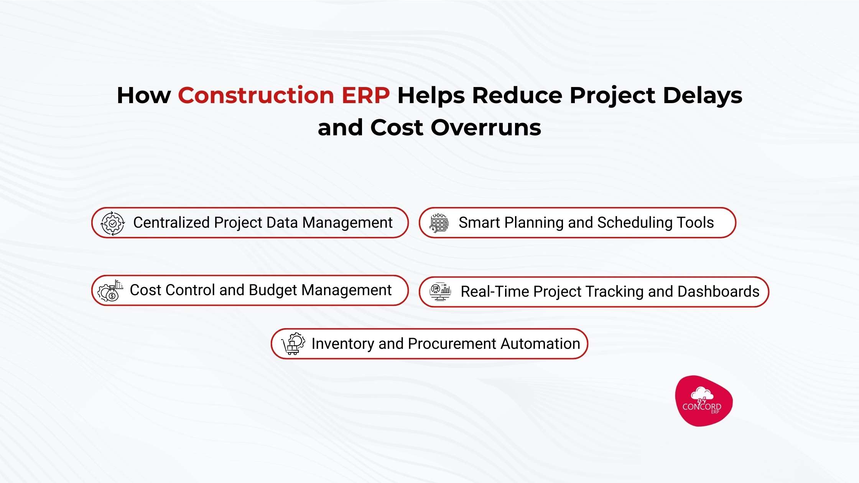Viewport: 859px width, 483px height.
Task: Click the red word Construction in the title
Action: coord(256,95)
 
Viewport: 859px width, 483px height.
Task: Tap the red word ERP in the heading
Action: coord(365,95)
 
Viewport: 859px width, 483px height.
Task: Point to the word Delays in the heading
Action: coord(703,95)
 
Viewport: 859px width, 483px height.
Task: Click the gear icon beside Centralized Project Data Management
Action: coord(112,223)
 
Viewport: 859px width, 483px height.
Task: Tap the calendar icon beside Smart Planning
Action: coord(439,223)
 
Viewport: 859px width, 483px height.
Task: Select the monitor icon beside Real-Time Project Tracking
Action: coord(440,292)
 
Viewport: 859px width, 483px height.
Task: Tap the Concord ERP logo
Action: coord(703,401)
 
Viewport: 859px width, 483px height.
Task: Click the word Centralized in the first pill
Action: coord(171,223)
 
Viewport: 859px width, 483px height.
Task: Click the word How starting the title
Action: coord(144,95)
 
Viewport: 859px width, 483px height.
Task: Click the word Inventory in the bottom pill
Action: coord(342,344)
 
